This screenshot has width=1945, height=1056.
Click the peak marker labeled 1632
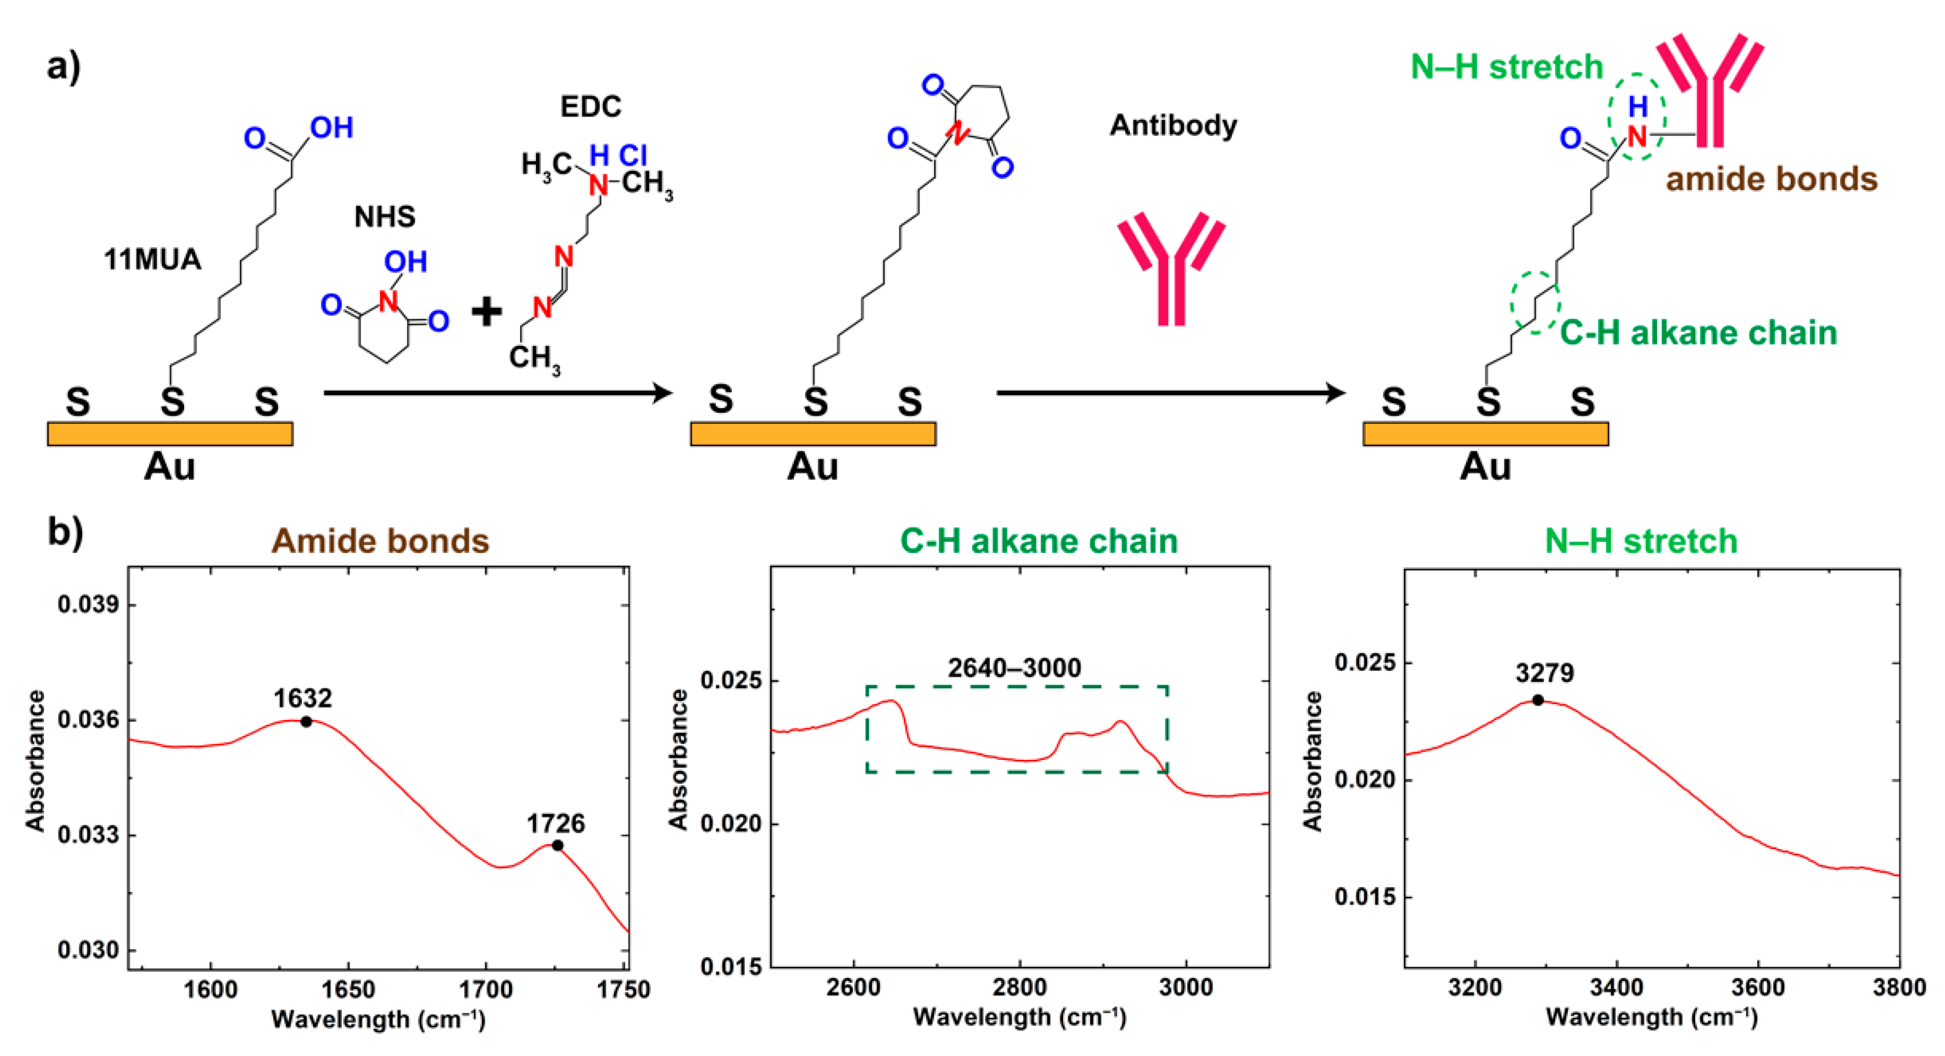pyautogui.click(x=306, y=722)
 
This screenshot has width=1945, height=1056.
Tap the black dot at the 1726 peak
pyautogui.click(x=557, y=846)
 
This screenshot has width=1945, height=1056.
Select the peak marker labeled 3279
pyautogui.click(x=1538, y=701)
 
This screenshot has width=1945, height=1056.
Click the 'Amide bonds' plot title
pyautogui.click(x=381, y=541)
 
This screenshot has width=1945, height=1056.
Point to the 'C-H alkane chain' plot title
pyautogui.click(x=1039, y=541)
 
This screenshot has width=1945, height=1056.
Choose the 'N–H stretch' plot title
pyautogui.click(x=1641, y=541)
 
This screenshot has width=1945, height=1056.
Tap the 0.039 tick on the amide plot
pyautogui.click(x=89, y=605)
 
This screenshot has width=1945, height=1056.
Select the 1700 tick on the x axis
pyautogui.click(x=486, y=990)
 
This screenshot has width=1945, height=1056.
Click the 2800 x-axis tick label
pyautogui.click(x=1020, y=988)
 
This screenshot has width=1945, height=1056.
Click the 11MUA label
pyautogui.click(x=152, y=260)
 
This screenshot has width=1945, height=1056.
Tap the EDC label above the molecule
pyautogui.click(x=590, y=107)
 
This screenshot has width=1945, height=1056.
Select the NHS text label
pyautogui.click(x=385, y=216)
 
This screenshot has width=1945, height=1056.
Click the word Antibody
pyautogui.click(x=1173, y=125)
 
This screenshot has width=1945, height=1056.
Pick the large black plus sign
pyautogui.click(x=487, y=311)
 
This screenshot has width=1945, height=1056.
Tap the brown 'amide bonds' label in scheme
pyautogui.click(x=1771, y=179)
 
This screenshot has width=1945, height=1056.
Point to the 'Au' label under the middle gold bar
pyautogui.click(x=813, y=467)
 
